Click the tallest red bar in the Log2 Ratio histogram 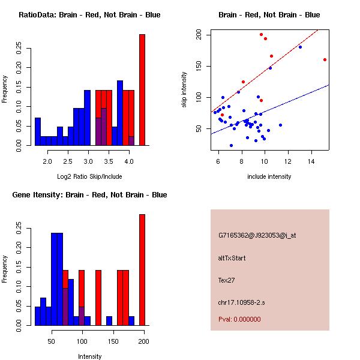(142, 90)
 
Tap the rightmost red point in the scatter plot (325, 59)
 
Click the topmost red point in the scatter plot (261, 34)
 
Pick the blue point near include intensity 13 (300, 47)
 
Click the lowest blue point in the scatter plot (231, 145)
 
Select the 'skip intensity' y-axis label (184, 90)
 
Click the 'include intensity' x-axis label (269, 176)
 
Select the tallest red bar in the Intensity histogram (142, 270)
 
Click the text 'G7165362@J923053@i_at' (257, 235)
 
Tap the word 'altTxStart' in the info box (232, 258)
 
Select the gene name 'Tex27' (227, 280)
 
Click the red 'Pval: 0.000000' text (239, 319)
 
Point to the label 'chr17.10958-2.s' (241, 302)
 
